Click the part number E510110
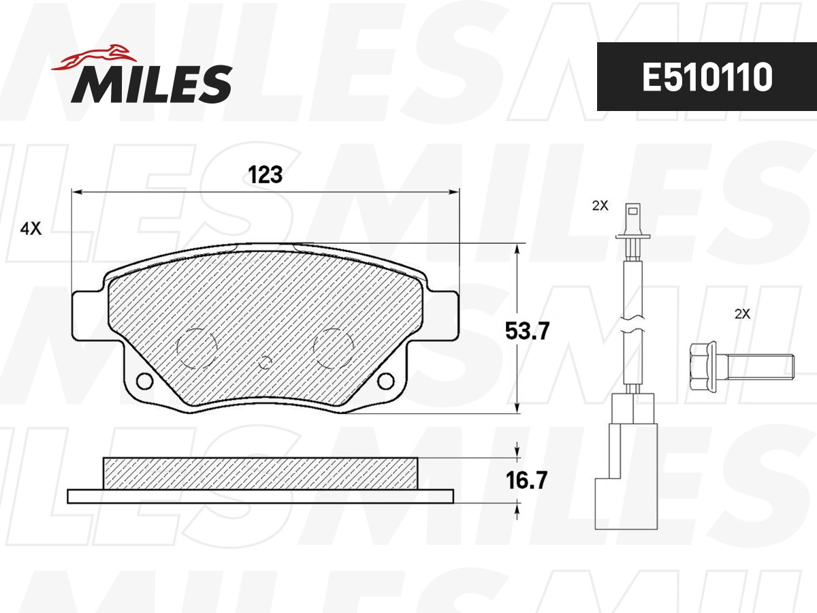[707, 77]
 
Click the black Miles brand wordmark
[152, 84]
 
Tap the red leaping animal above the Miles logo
[94, 58]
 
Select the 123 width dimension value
[265, 174]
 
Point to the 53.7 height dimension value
[527, 331]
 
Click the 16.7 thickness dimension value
[526, 480]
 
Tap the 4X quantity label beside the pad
[31, 228]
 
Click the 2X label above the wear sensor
[600, 205]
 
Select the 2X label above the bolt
[742, 314]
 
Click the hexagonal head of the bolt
[703, 367]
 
